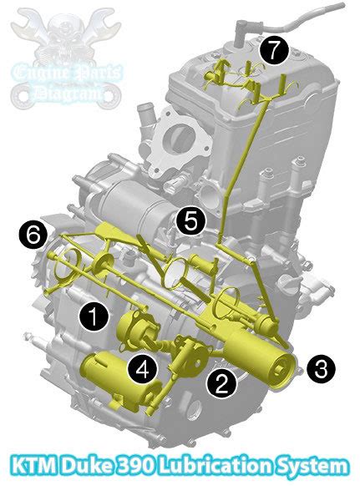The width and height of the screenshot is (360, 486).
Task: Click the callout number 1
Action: [94, 316]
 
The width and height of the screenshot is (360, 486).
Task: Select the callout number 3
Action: [322, 369]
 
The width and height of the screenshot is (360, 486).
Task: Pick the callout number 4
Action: [143, 369]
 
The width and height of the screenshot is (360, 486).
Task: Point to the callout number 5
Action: [191, 221]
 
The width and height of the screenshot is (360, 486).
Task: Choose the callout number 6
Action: [33, 236]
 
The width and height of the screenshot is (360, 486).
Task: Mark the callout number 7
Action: [274, 51]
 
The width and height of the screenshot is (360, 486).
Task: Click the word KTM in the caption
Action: [34, 466]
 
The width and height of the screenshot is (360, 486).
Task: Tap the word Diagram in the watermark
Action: [68, 93]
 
